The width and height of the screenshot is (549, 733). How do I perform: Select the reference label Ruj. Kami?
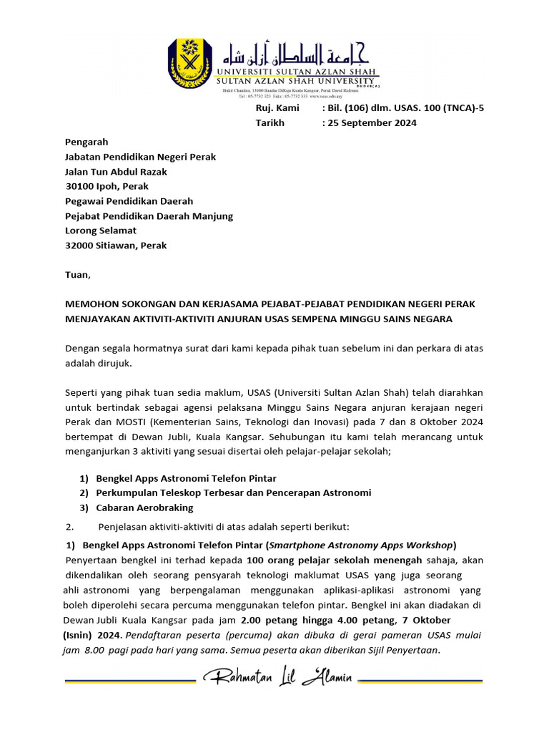click(x=277, y=107)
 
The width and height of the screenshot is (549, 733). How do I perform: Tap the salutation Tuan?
click(x=78, y=274)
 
